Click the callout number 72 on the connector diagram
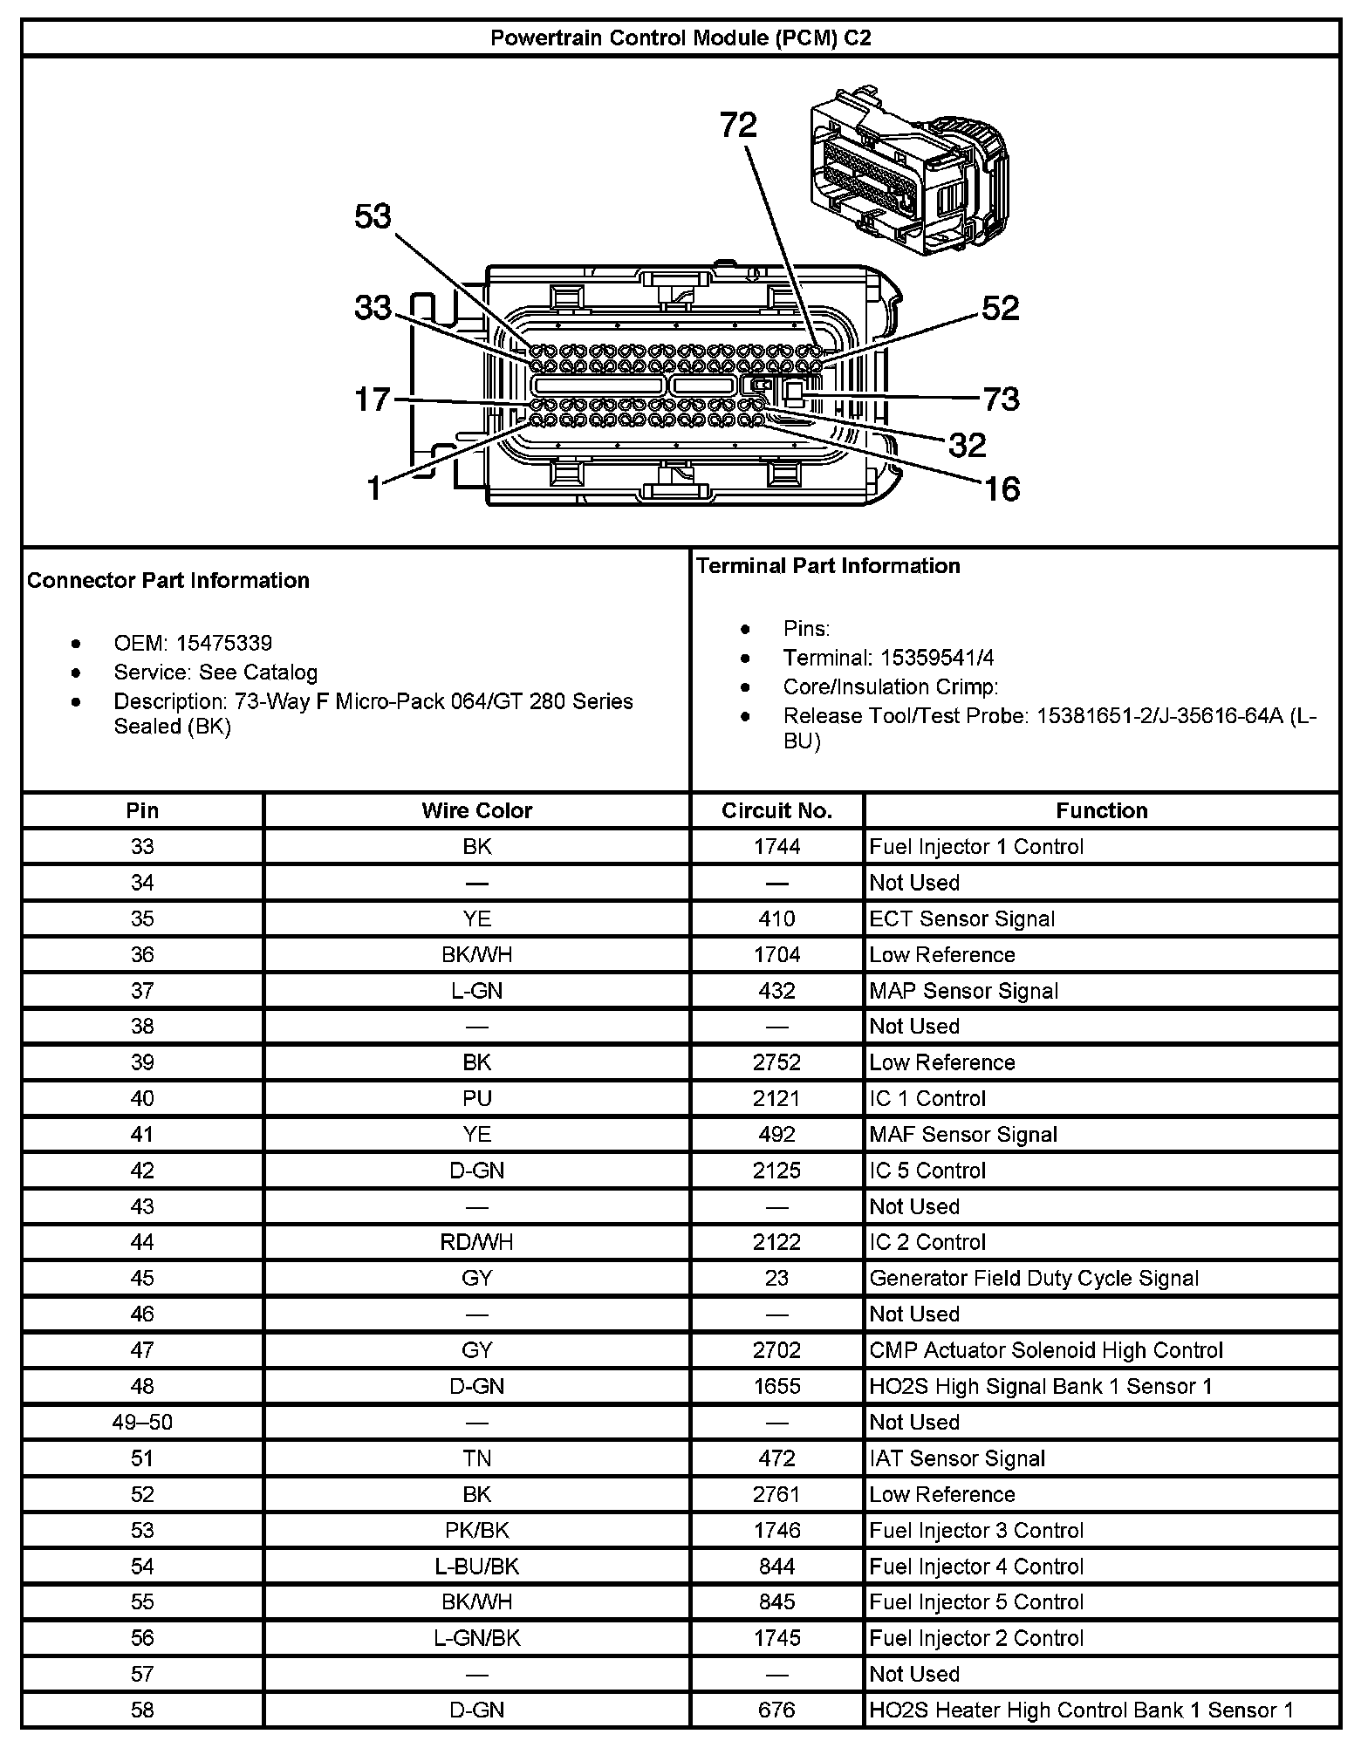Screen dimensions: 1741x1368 (738, 126)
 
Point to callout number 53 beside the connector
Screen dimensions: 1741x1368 (373, 216)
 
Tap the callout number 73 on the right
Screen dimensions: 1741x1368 (1001, 399)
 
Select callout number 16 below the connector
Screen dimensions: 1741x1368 (1002, 488)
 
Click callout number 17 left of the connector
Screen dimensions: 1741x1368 (373, 399)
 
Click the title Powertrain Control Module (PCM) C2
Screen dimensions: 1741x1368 (681, 38)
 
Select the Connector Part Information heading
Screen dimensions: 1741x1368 (168, 581)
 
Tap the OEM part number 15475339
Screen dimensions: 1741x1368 (224, 644)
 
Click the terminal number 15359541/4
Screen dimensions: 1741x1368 (937, 658)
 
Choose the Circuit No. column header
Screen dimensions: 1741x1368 (776, 810)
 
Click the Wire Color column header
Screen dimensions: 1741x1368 (476, 810)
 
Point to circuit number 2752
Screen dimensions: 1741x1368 (776, 1062)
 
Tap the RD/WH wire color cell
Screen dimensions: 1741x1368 (476, 1242)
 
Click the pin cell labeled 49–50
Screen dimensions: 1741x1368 (142, 1422)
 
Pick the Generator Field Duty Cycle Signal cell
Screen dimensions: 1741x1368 (1034, 1278)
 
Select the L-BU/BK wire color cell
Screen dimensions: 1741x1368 (476, 1567)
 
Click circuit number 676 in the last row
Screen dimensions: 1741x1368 (776, 1710)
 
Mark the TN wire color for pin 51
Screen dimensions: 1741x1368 (476, 1458)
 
